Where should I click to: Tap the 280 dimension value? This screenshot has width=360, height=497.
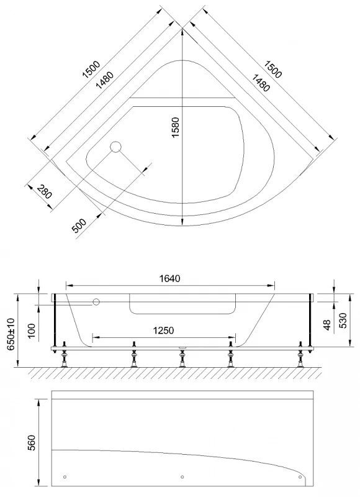[x=44, y=191]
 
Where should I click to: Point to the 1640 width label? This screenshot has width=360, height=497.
[x=169, y=278]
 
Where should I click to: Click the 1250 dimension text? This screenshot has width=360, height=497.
[x=163, y=331]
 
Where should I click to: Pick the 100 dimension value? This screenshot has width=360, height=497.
[x=32, y=330]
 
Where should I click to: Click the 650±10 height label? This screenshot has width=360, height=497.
[x=11, y=334]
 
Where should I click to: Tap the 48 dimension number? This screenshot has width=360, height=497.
[x=327, y=324]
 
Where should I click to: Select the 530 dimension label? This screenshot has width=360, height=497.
[x=343, y=320]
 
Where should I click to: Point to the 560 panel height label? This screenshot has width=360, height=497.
[x=32, y=443]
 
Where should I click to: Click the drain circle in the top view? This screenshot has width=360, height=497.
[x=115, y=147]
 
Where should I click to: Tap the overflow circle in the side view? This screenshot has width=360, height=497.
[x=96, y=302]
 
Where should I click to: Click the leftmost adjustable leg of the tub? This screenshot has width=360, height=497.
[x=65, y=355]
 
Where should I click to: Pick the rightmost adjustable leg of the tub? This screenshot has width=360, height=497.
[x=300, y=355]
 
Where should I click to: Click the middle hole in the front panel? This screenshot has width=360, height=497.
[x=182, y=477]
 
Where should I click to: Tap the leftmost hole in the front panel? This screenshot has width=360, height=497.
[x=65, y=477]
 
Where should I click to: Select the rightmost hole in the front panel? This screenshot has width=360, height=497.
[x=300, y=477]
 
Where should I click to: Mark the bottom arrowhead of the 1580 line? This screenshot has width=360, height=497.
[x=182, y=222]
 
